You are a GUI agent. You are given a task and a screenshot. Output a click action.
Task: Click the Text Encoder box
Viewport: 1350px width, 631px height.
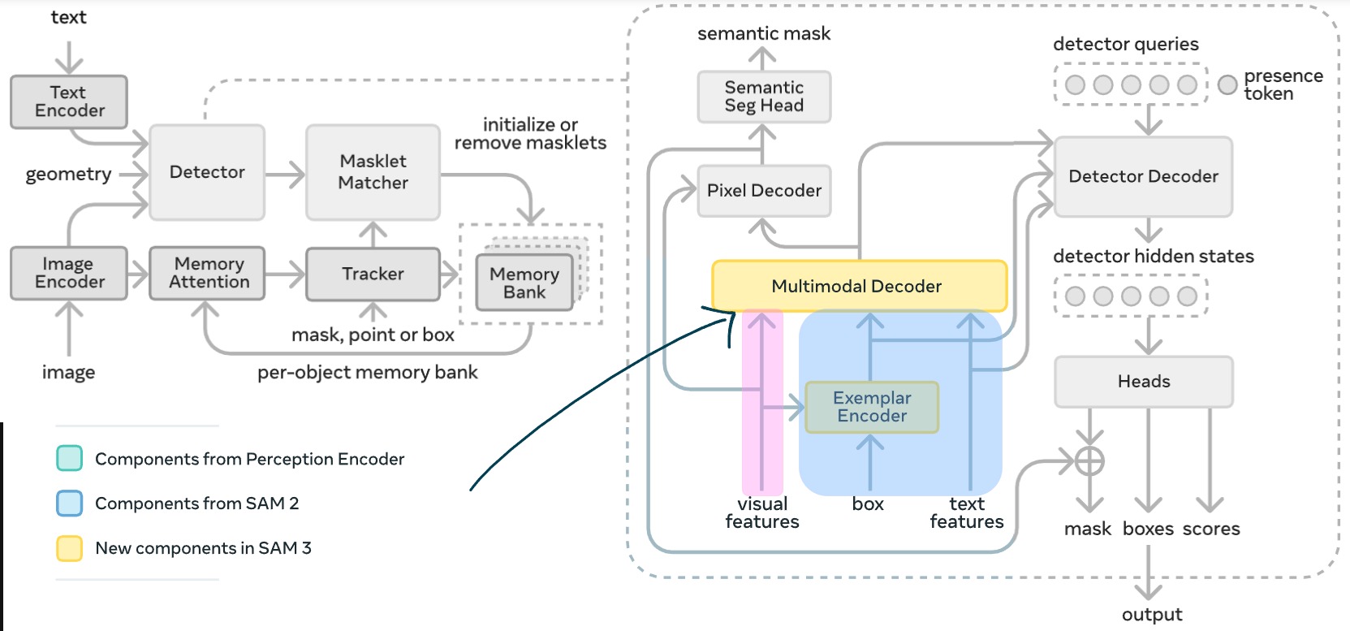click(x=69, y=102)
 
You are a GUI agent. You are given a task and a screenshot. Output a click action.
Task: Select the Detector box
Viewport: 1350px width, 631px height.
click(x=207, y=172)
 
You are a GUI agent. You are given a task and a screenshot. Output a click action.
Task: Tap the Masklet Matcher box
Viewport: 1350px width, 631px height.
click(x=373, y=172)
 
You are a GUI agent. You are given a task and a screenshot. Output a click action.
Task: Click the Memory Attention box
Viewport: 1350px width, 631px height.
click(x=208, y=274)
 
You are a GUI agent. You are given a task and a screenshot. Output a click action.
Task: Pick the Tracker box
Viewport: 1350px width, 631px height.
click(x=373, y=274)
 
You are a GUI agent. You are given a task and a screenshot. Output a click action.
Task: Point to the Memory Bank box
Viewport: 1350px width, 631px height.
click(x=524, y=283)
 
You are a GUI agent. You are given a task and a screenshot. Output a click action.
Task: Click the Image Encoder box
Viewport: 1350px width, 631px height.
click(x=69, y=274)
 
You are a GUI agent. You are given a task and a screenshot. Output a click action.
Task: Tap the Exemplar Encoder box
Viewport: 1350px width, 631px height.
click(x=872, y=407)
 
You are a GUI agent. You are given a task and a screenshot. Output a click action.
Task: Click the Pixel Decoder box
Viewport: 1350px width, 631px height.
click(x=764, y=191)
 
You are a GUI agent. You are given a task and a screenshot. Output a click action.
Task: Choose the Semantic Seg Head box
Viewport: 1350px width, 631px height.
click(x=764, y=97)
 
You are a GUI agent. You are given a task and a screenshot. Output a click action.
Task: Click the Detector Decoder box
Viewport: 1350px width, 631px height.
click(x=1143, y=177)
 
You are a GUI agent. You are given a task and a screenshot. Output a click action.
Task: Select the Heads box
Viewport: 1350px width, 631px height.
click(x=1143, y=382)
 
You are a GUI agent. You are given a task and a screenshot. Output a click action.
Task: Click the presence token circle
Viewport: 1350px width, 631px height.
click(x=1227, y=84)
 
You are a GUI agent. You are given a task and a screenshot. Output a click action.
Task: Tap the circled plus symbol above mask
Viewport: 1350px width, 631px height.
click(x=1089, y=461)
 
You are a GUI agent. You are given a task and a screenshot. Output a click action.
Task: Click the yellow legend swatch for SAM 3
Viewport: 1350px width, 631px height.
click(x=69, y=549)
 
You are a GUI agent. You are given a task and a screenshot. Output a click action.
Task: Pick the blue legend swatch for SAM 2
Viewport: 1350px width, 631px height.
click(x=69, y=504)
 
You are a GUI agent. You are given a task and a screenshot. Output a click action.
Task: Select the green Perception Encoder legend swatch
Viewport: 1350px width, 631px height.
click(x=69, y=458)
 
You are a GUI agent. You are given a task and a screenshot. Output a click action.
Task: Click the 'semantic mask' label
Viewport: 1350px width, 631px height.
click(x=763, y=34)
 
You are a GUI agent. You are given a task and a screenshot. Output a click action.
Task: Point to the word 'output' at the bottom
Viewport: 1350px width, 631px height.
click(x=1151, y=615)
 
